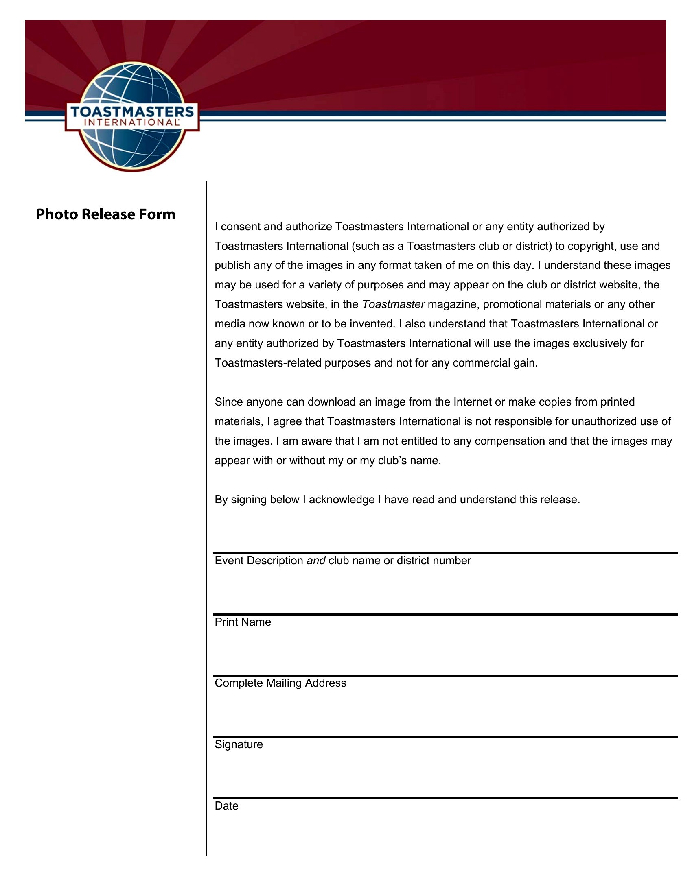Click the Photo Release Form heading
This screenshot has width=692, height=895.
coord(105,214)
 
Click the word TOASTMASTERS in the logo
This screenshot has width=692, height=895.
coord(132,112)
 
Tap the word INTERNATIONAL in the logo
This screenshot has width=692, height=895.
coord(131,122)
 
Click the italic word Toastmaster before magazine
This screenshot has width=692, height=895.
coord(393,304)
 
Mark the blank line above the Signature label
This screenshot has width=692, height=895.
coord(445,737)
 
